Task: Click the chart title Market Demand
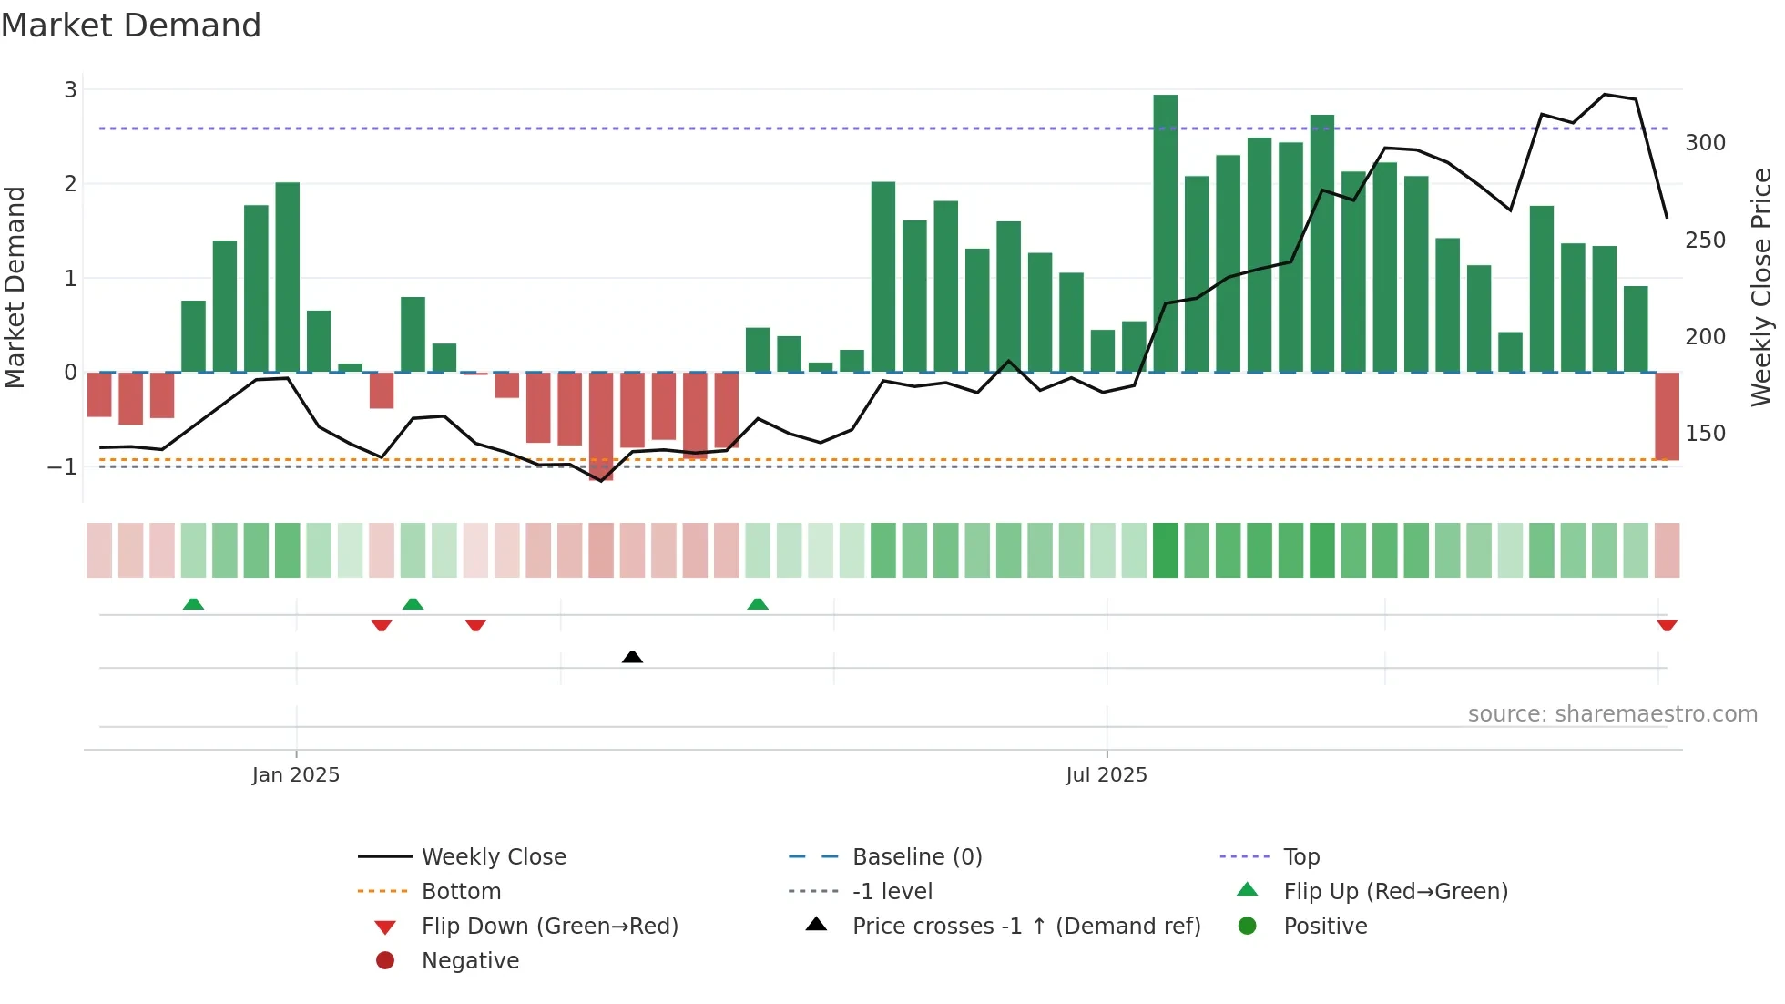coord(131,26)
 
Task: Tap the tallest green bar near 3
coord(1165,232)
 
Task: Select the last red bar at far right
coord(1667,415)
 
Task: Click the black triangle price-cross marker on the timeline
coord(632,657)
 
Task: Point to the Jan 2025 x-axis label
coord(296,775)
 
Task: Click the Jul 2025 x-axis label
coord(1107,775)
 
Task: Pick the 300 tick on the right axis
coord(1705,143)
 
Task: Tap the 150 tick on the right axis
coord(1705,434)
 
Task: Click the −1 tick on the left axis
coord(62,467)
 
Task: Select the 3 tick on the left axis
coord(70,90)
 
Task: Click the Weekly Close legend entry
coord(493,857)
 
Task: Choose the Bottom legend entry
coord(461,892)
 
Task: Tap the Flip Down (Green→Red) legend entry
coord(549,927)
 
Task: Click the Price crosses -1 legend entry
coord(1025,927)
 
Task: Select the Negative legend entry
coord(470,961)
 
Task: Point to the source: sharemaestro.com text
coord(1612,714)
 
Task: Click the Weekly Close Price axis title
coord(1761,287)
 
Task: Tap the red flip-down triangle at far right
coord(1667,625)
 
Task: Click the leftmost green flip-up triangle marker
coord(193,604)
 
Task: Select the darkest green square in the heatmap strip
coord(1165,550)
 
